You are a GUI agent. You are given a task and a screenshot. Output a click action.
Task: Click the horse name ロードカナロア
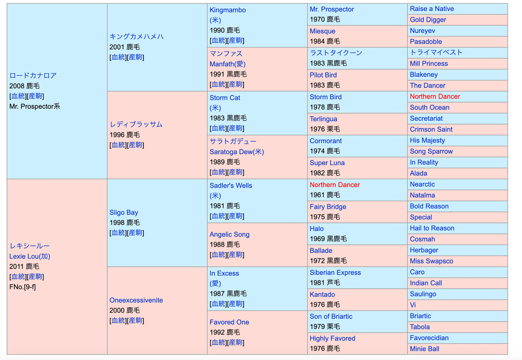click(x=33, y=75)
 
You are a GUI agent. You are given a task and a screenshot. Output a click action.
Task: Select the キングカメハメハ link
click(x=137, y=37)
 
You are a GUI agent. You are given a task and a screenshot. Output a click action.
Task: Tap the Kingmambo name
click(x=228, y=10)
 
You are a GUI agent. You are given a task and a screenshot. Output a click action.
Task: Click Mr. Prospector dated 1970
click(x=331, y=9)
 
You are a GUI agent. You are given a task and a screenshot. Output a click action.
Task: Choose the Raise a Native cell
click(x=432, y=9)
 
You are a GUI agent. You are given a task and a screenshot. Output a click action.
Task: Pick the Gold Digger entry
click(x=428, y=20)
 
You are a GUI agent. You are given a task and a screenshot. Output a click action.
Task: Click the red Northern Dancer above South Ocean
click(x=435, y=97)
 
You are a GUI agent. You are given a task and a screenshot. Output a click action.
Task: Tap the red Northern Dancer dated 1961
click(x=335, y=185)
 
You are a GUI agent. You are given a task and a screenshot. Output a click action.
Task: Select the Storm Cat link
click(x=224, y=98)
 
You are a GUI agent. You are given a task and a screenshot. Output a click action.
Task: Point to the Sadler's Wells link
click(x=231, y=185)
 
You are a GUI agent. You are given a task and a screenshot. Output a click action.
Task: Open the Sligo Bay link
click(x=124, y=212)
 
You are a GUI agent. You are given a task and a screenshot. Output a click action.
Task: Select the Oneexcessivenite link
click(x=136, y=300)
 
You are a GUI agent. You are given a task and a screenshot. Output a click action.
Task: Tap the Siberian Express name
click(x=335, y=273)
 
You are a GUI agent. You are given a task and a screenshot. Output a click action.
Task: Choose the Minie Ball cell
click(x=424, y=349)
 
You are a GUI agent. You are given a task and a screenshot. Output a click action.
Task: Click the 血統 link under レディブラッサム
click(x=118, y=145)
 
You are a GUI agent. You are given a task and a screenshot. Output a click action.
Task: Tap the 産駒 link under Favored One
click(x=235, y=343)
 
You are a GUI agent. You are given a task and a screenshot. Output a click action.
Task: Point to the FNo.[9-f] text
click(x=23, y=287)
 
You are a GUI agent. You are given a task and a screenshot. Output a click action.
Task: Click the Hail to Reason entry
click(x=432, y=228)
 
